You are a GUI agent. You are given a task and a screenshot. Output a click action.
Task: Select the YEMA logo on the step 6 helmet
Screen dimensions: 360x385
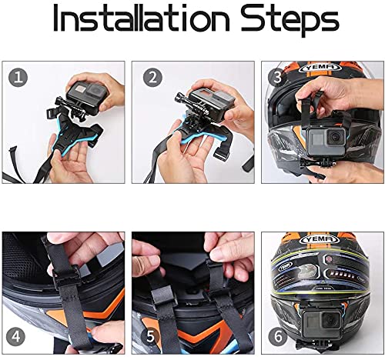[322, 238]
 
